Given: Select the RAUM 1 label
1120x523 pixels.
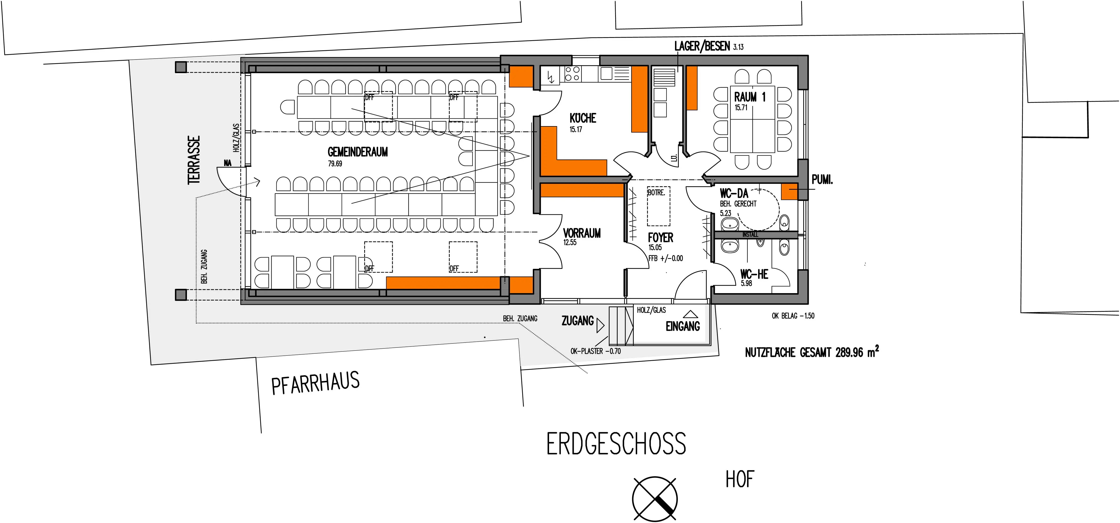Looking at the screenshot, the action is tap(750, 97).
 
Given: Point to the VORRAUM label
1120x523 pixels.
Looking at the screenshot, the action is tap(582, 233).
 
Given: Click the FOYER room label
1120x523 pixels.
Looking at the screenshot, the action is tap(660, 238).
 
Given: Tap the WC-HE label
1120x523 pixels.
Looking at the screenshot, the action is tap(754, 274).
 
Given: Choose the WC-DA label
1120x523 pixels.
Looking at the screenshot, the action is tap(734, 193).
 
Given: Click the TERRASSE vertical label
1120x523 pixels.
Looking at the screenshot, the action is tap(194, 160).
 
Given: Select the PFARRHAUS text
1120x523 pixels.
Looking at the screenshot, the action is tap(316, 383).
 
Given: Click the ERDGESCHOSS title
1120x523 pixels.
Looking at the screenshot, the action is tap(616, 443).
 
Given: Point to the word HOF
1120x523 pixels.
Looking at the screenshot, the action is tap(740, 479).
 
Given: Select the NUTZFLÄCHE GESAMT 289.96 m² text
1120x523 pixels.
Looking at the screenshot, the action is tap(812, 351).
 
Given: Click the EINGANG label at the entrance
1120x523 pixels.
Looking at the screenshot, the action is tap(683, 326).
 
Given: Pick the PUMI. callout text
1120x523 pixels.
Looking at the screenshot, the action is tap(822, 180).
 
